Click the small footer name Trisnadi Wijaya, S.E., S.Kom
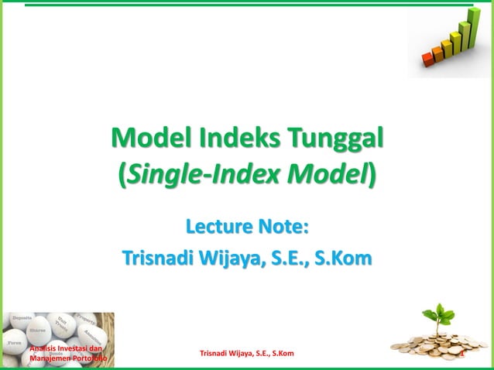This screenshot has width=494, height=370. (x=246, y=354)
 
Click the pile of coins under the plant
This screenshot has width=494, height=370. (x=434, y=341)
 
